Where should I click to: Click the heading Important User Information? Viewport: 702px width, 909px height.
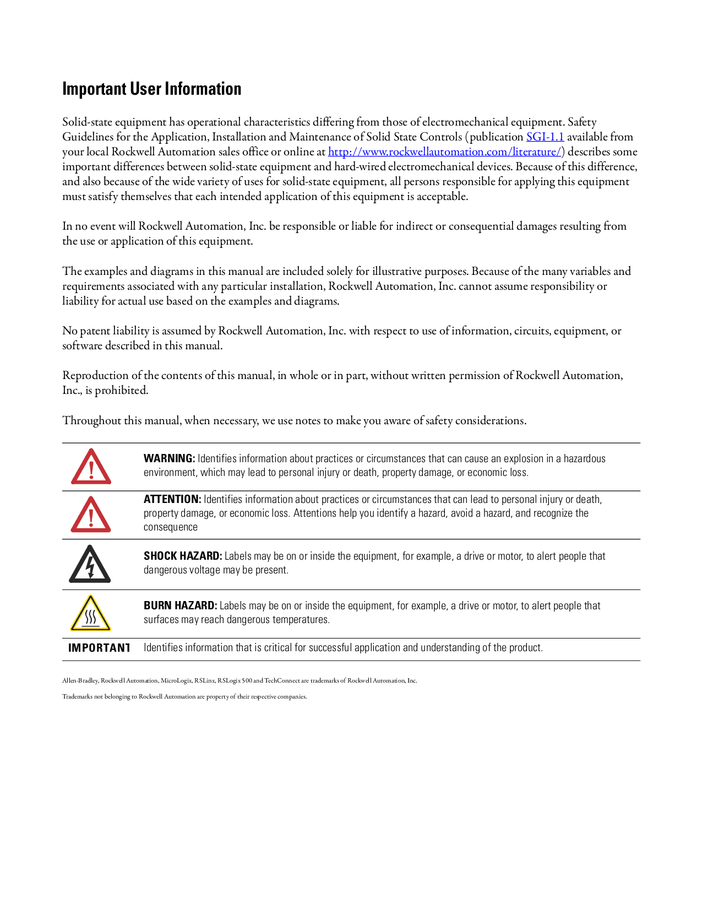click(151, 89)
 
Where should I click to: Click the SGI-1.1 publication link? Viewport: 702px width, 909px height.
click(545, 137)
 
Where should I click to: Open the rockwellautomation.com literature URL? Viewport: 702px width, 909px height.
click(444, 152)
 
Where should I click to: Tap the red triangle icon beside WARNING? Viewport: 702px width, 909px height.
click(91, 467)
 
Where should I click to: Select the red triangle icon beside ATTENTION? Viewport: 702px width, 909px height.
click(91, 515)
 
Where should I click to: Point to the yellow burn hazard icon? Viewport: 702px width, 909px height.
click(91, 614)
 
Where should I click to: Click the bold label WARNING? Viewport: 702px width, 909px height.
click(169, 458)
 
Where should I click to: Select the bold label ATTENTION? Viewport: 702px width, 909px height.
click(172, 499)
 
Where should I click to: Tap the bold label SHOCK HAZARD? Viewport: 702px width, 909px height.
click(183, 556)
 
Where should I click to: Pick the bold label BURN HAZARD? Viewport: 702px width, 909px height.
click(180, 605)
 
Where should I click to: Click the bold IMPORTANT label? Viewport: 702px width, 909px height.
click(99, 648)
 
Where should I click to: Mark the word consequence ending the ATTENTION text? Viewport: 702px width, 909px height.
click(171, 527)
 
